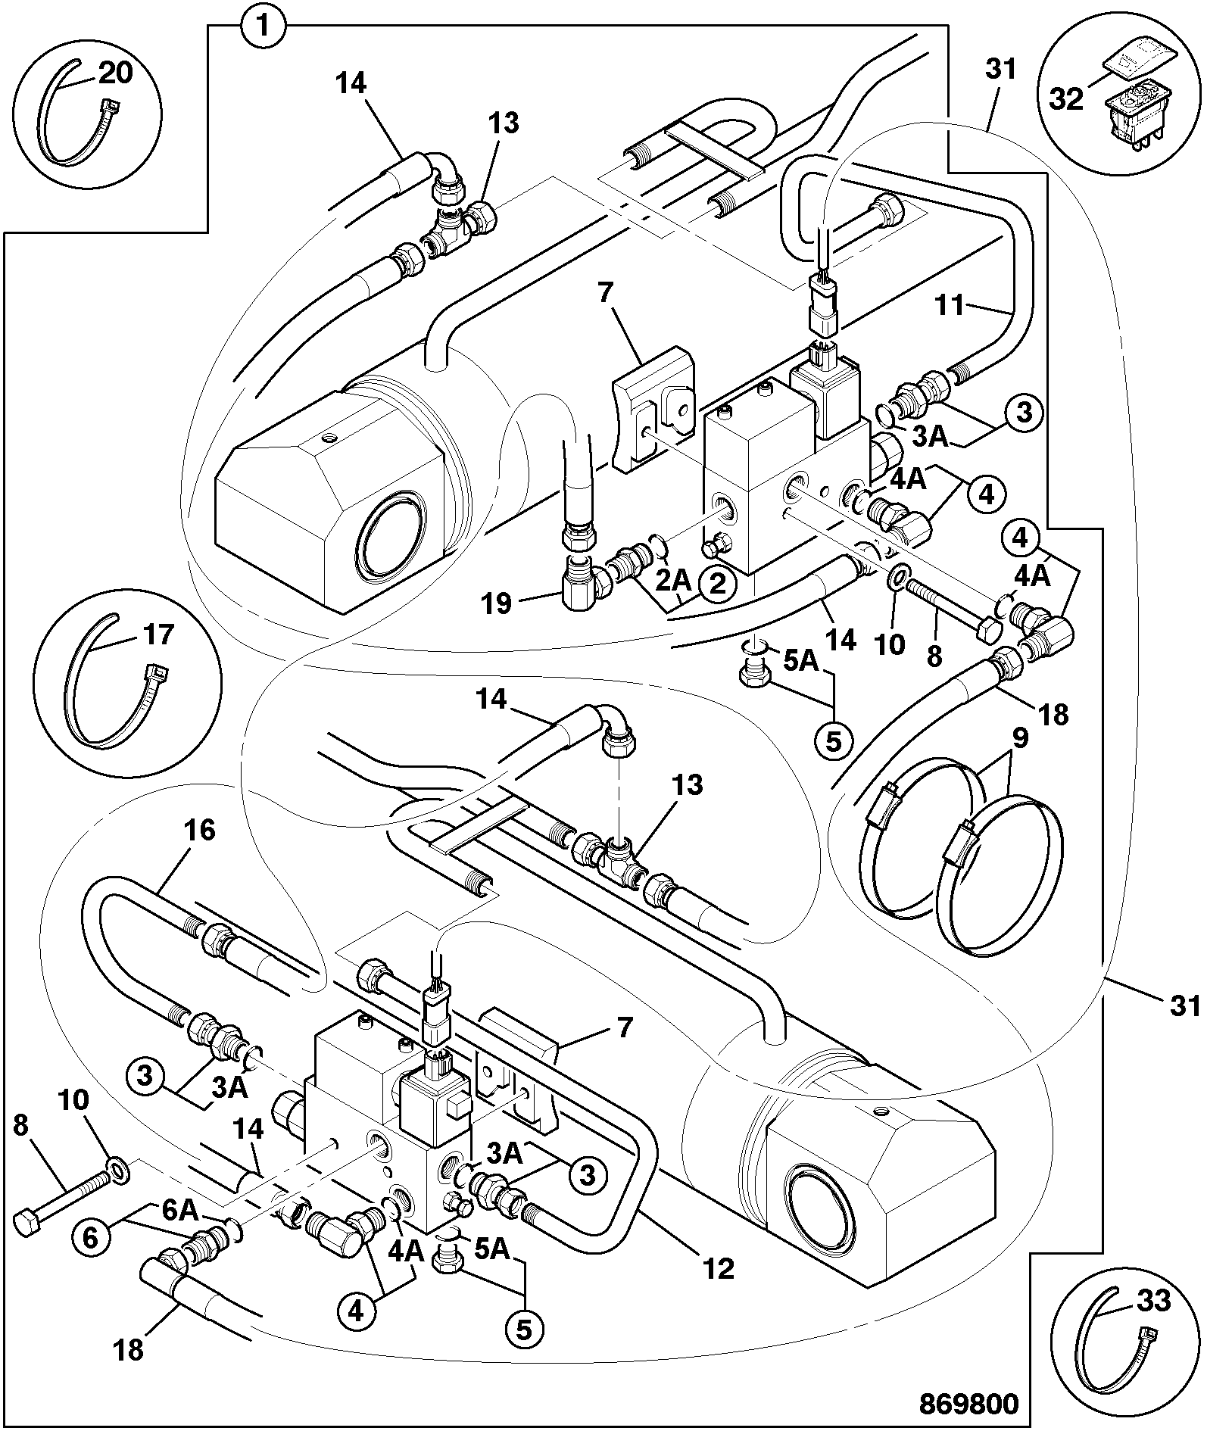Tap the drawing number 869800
(x=969, y=1403)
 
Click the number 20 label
(x=116, y=73)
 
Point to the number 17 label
(x=159, y=634)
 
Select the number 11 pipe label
(x=950, y=306)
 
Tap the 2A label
(x=672, y=581)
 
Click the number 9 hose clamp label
(x=1021, y=736)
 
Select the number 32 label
(x=1067, y=99)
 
